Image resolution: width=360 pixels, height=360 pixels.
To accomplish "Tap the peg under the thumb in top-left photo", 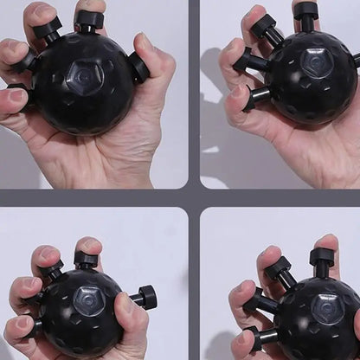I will [138, 66].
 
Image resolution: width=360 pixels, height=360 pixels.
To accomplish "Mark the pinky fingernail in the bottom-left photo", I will [15, 327].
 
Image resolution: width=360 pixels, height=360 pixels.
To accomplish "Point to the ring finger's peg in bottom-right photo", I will [254, 302].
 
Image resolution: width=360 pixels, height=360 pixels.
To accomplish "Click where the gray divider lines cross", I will [194, 197].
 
